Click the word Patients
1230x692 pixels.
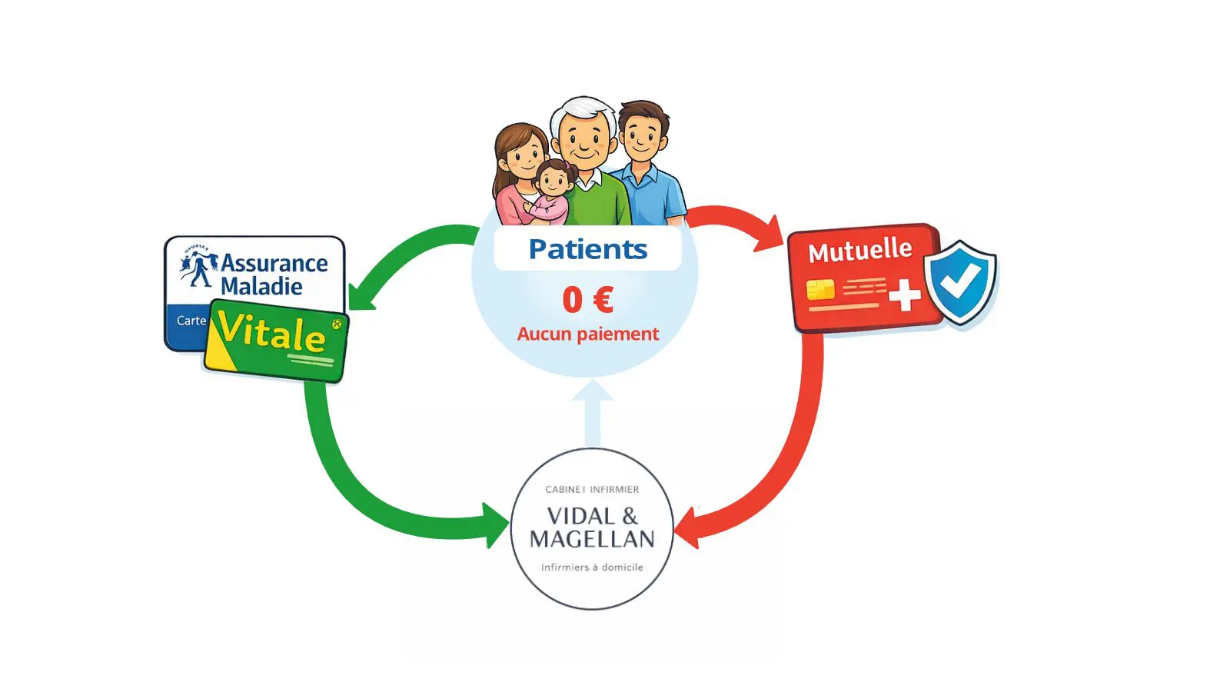pyautogui.click(x=588, y=249)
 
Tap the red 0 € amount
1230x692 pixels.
pyautogui.click(x=588, y=299)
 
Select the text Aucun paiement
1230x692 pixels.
pyautogui.click(x=588, y=334)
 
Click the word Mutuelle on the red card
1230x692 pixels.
pyautogui.click(x=859, y=251)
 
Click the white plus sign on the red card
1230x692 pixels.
pyautogui.click(x=904, y=294)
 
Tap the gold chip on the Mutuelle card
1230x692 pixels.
pyautogui.click(x=820, y=290)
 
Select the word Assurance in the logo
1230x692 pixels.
pyautogui.click(x=274, y=263)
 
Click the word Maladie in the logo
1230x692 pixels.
pyautogui.click(x=261, y=287)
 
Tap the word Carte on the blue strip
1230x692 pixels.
pyautogui.click(x=191, y=321)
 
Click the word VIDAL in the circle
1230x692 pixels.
pyautogui.click(x=580, y=516)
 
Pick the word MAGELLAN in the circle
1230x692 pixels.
pyautogui.click(x=592, y=540)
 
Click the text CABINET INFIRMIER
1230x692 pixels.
pyautogui.click(x=592, y=489)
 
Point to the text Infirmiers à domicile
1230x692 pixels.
pyautogui.click(x=592, y=567)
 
